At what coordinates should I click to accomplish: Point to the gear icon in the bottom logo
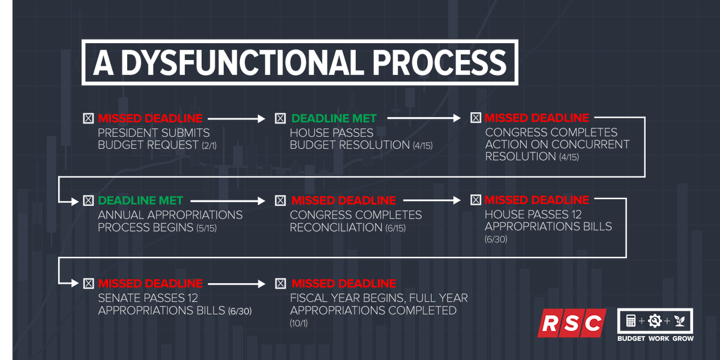(x=655, y=321)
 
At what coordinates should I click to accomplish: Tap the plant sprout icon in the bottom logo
(x=679, y=321)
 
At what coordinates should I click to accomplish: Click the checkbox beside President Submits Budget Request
(x=88, y=118)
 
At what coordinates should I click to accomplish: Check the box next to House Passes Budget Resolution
(x=280, y=118)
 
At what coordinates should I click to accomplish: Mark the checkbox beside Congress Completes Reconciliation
(x=280, y=200)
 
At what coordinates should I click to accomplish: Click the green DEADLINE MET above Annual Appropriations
(x=140, y=200)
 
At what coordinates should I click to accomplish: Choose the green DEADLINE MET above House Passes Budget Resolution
(x=334, y=118)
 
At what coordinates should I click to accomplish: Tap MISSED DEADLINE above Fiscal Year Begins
(x=344, y=283)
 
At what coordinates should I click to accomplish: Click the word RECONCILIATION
(x=331, y=227)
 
